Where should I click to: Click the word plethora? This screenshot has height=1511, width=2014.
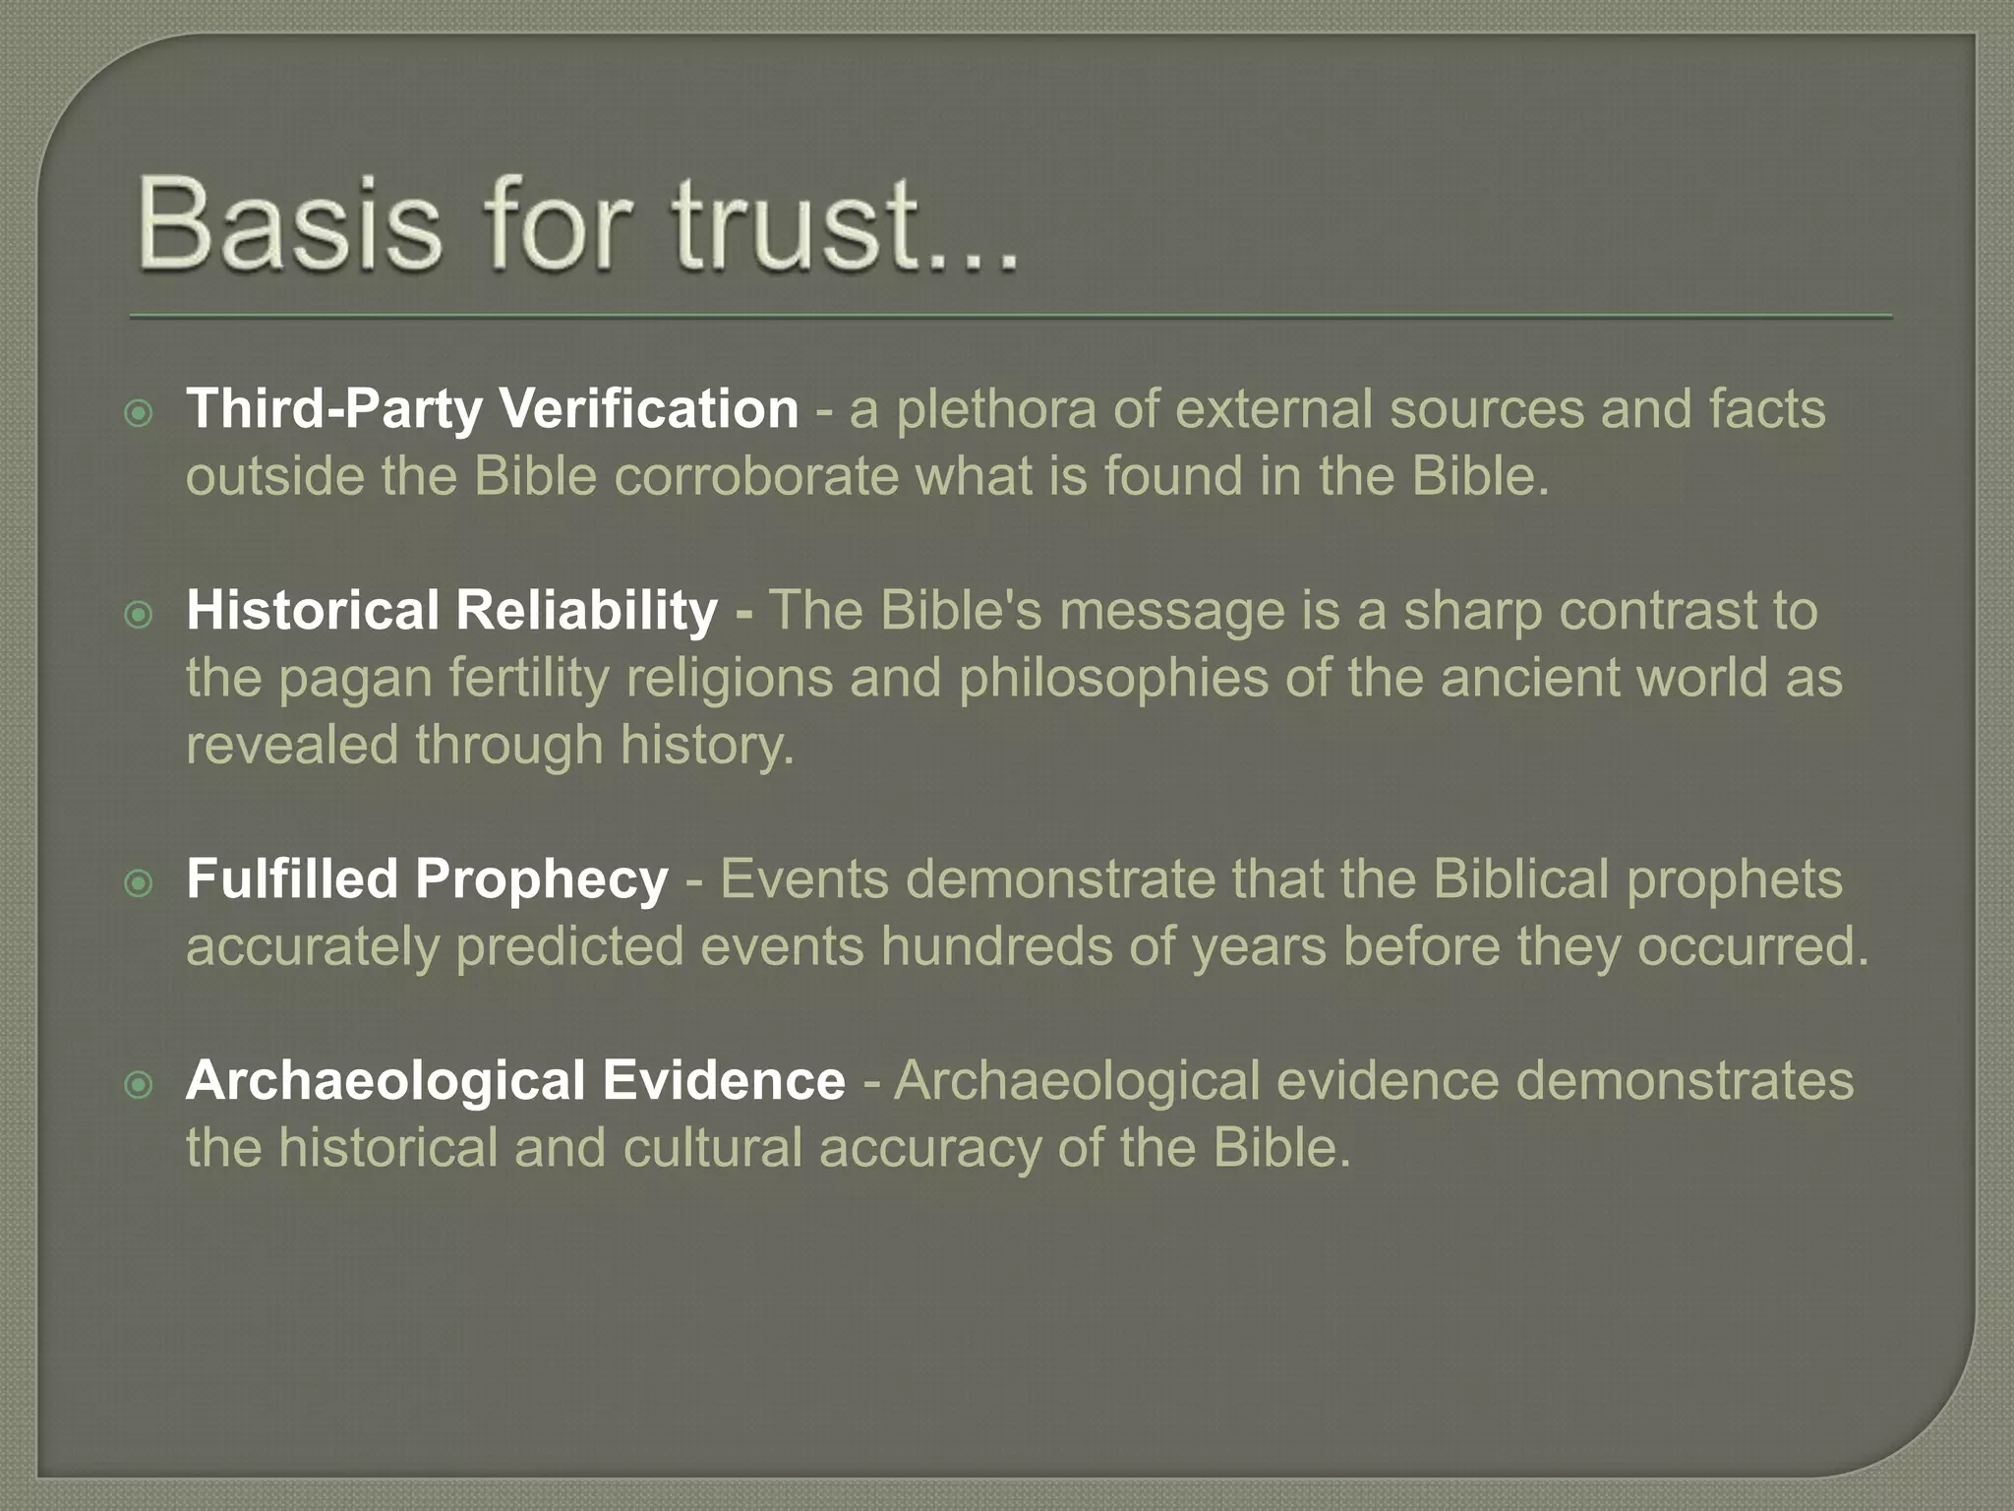point(996,409)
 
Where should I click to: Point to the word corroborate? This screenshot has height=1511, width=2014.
point(756,476)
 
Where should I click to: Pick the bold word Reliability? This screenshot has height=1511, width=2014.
point(586,610)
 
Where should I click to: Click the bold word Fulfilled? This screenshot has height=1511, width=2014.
point(292,878)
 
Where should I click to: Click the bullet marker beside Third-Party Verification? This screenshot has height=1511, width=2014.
point(140,413)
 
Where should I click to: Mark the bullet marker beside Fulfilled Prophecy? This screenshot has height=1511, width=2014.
point(140,883)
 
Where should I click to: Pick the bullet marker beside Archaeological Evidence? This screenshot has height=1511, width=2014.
point(140,1085)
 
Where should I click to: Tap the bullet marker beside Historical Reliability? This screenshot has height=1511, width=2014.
point(140,615)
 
